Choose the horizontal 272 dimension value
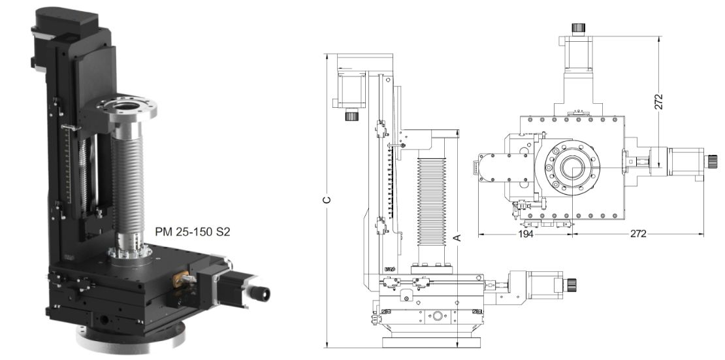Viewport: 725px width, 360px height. coord(638,234)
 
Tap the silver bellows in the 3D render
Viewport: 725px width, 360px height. coord(125,183)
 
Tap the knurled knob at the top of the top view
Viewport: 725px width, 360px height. coord(577,28)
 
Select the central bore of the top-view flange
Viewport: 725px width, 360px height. coord(571,167)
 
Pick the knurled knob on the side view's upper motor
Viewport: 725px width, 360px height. coord(352,116)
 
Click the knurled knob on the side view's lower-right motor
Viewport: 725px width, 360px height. coord(573,283)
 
